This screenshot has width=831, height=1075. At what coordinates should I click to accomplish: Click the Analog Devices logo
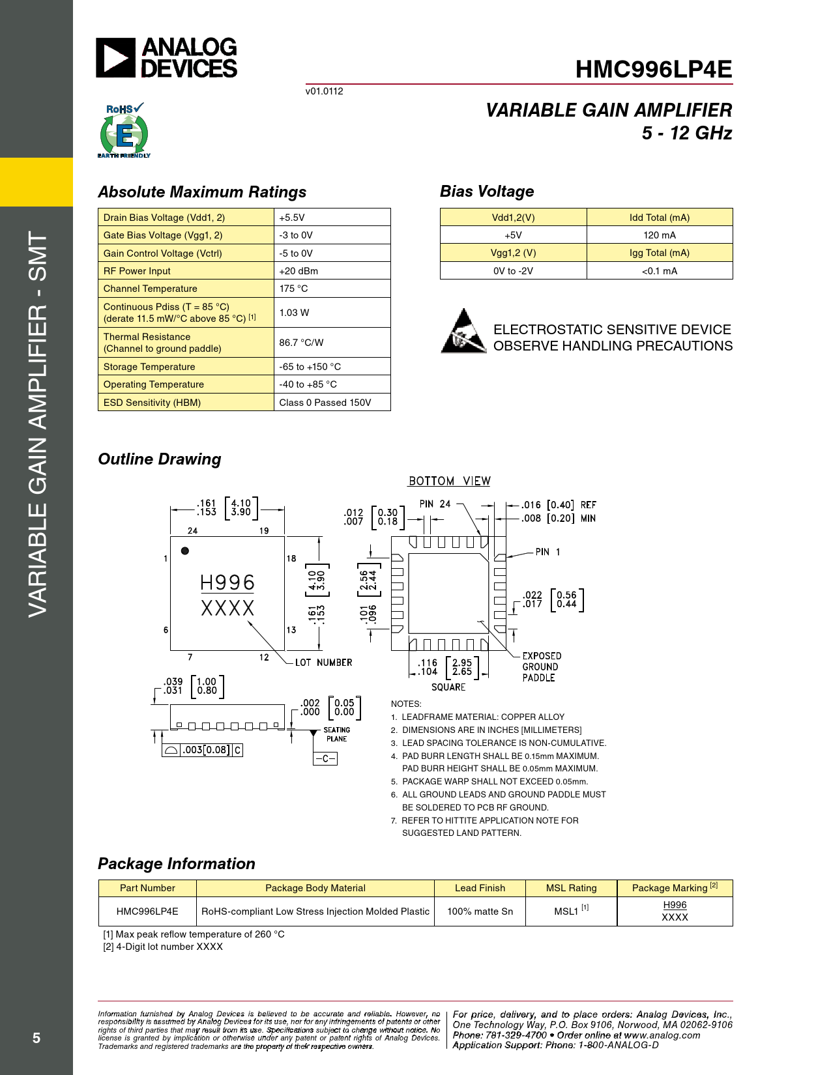167,58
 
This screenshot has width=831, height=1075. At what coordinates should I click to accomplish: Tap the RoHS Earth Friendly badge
124,131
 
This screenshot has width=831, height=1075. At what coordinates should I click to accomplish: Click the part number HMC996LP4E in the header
653,70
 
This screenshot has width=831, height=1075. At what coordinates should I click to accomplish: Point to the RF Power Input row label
137,271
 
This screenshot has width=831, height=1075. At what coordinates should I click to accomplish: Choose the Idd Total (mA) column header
659,218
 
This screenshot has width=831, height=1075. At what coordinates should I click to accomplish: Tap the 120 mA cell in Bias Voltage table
659,235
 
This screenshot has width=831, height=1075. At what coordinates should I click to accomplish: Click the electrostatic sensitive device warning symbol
463,332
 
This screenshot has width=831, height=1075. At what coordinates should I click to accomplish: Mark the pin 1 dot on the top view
185,551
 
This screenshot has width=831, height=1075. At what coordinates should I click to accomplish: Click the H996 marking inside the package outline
227,582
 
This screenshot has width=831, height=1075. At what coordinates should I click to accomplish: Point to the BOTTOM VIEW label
449,481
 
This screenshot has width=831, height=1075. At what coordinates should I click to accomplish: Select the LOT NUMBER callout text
323,663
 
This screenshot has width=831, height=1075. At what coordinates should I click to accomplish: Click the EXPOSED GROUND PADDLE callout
541,667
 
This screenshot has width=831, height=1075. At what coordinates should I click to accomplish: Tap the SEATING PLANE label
336,734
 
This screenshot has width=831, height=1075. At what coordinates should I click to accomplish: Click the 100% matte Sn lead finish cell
480,911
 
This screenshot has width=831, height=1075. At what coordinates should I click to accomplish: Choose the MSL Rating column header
571,888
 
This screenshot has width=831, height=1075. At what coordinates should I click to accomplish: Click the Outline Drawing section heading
160,459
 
